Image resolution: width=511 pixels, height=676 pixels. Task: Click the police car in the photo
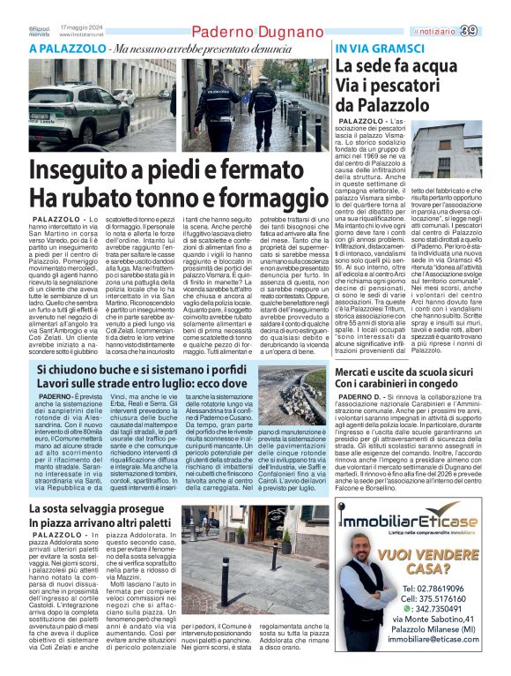(x=74, y=116)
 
